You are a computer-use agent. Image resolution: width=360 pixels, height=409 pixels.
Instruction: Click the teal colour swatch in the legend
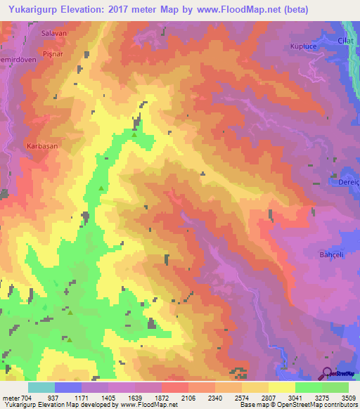41,387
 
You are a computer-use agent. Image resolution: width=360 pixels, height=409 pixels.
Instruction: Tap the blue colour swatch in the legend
68,387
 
